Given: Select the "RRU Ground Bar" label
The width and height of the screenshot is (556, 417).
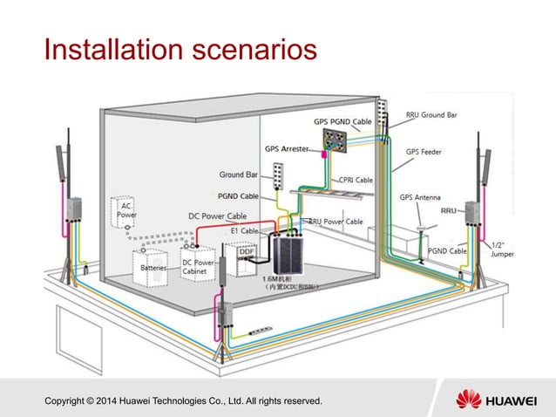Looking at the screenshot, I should click(432, 114).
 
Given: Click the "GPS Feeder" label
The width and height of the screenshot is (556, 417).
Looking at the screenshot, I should click(426, 151).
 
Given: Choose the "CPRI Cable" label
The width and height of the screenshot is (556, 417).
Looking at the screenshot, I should click(356, 180).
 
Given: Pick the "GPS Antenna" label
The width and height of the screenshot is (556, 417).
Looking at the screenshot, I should click(420, 197).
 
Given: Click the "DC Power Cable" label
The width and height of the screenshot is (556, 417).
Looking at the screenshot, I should click(217, 215).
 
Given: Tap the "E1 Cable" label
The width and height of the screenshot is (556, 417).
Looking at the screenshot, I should click(245, 230).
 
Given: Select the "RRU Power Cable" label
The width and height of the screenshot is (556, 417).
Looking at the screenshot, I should click(336, 222).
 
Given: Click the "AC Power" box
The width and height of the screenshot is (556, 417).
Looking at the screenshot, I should click(125, 208).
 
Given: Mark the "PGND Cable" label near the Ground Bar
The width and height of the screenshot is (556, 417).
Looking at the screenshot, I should click(237, 196).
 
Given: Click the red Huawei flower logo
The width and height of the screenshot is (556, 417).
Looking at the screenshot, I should click(469, 400).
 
